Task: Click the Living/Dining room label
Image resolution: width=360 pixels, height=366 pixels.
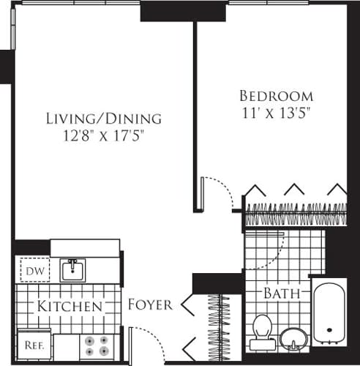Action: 103,118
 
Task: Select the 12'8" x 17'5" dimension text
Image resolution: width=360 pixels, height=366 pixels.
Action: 103,135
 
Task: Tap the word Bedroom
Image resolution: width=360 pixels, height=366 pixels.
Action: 277,96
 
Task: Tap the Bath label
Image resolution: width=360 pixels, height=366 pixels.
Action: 282,294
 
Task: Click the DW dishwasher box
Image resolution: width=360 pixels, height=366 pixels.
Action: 30,271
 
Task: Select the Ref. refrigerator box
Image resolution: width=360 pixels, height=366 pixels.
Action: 32,343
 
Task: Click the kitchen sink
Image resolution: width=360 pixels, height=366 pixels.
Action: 72,269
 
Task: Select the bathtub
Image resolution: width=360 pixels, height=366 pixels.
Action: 326,319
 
